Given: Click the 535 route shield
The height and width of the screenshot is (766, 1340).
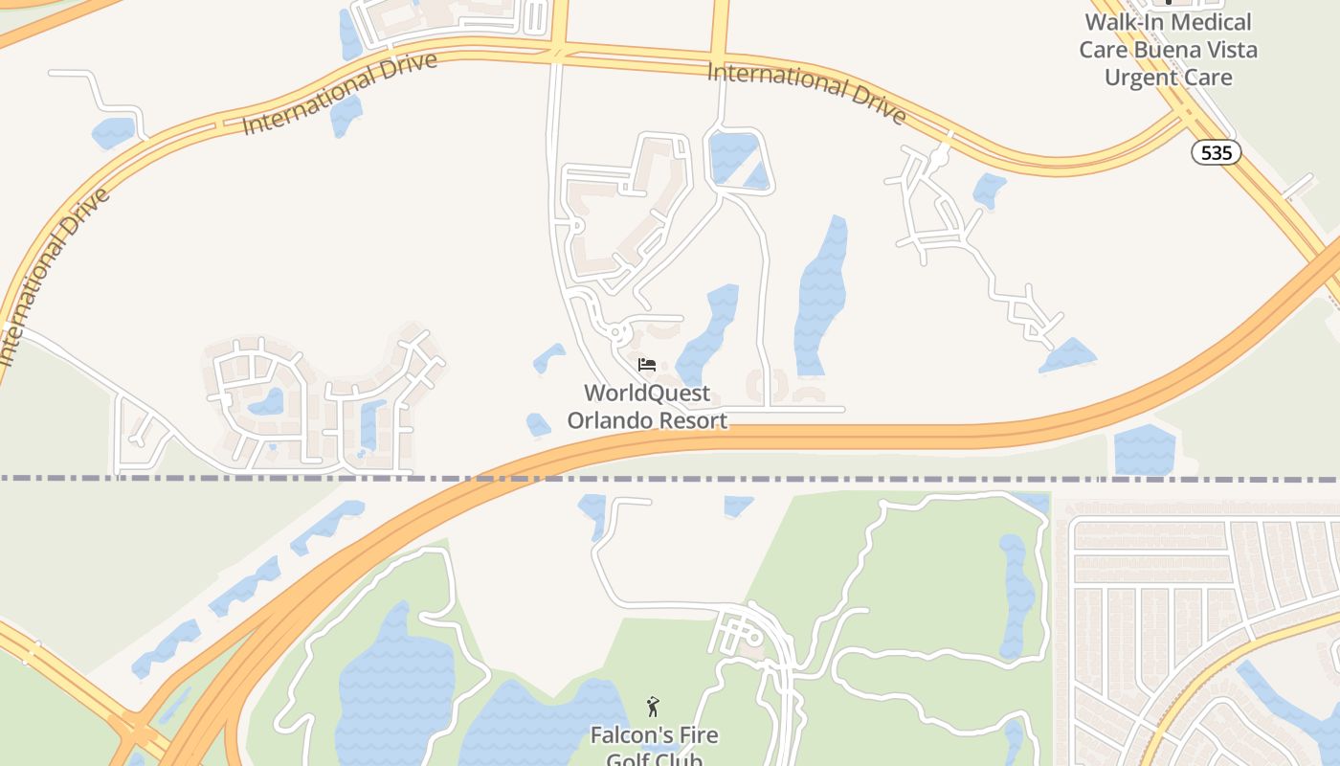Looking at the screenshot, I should pyautogui.click(x=1217, y=151).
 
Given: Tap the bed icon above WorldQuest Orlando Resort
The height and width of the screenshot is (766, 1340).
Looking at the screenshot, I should pyautogui.click(x=647, y=365).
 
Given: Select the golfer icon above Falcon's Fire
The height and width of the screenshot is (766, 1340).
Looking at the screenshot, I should pyautogui.click(x=653, y=708).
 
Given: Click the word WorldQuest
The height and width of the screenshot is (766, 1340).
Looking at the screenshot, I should pyautogui.click(x=647, y=393).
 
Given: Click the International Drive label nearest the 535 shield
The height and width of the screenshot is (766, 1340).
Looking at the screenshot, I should pyautogui.click(x=806, y=93).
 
